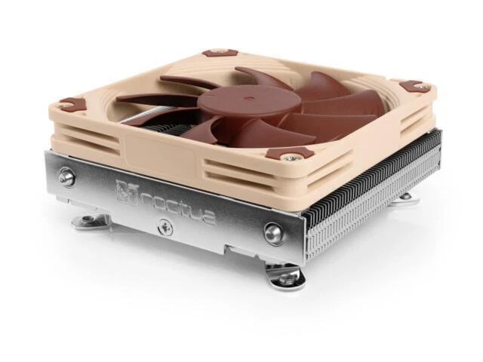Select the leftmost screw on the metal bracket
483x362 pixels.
(x=66, y=177)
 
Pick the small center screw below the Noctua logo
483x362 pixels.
(x=162, y=224)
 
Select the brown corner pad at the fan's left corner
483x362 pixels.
(x=72, y=103)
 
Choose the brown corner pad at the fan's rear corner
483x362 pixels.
(x=221, y=54)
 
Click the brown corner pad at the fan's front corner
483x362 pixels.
(x=300, y=152)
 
